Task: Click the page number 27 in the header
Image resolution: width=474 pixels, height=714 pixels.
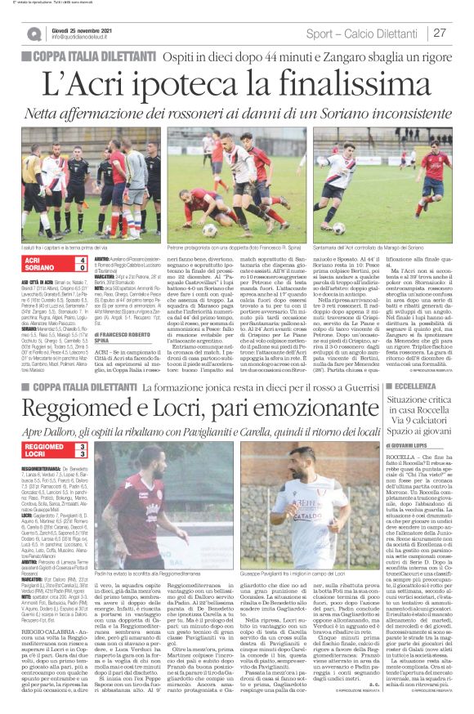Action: tap(440, 33)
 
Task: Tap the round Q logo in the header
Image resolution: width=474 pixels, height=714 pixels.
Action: tap(34, 33)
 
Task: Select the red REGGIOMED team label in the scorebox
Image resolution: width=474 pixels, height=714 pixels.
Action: tap(47, 446)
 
